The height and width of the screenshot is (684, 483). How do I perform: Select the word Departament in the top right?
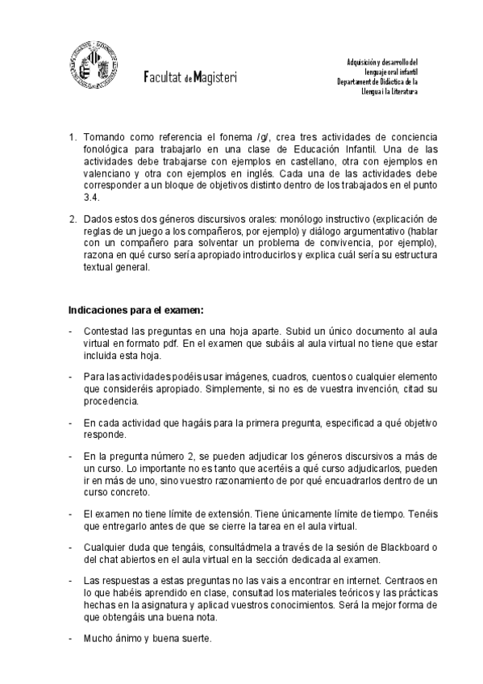(x=359, y=81)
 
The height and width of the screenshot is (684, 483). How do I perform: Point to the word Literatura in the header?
(x=402, y=92)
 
